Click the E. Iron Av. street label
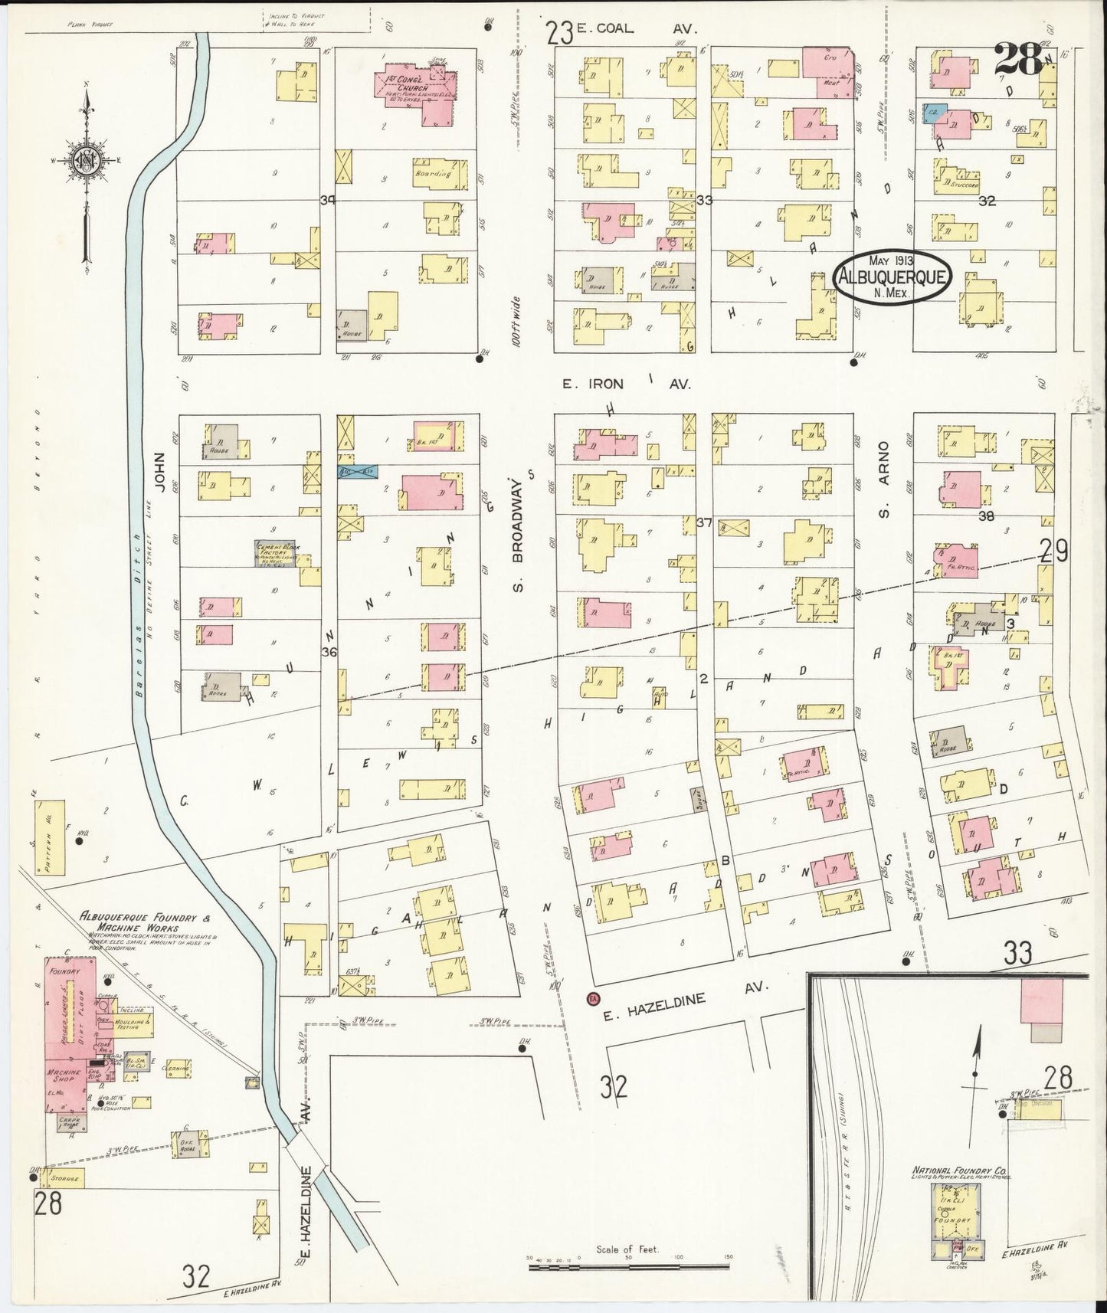627,385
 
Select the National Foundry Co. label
960,1171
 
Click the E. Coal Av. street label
634,28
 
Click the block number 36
329,652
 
